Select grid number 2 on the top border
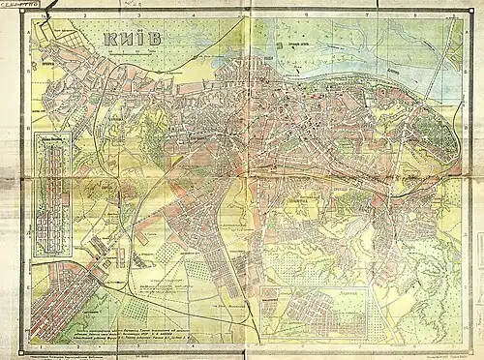tap(84, 16)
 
